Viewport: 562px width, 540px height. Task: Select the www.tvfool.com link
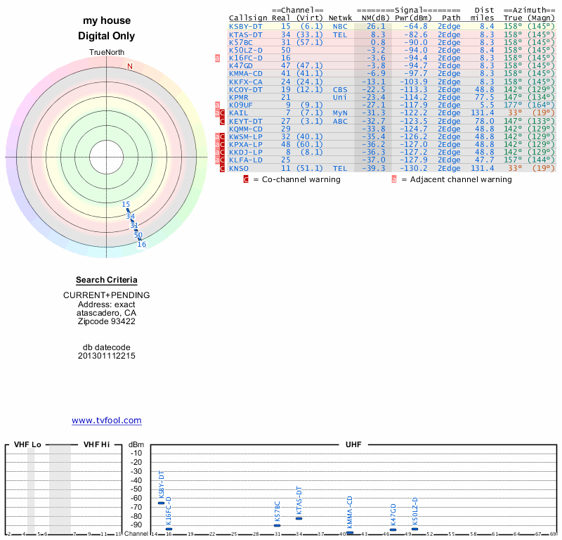(x=107, y=420)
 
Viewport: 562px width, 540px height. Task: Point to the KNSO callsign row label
(x=239, y=169)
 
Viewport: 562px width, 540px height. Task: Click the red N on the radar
(x=129, y=66)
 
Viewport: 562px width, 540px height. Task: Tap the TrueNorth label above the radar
(x=107, y=53)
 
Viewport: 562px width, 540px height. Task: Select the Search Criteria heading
(x=107, y=280)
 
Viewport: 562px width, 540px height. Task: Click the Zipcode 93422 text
(x=107, y=321)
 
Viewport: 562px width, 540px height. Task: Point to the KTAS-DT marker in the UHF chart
(x=299, y=517)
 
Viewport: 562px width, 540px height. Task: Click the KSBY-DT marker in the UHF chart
(x=161, y=503)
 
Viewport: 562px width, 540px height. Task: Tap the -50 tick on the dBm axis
(x=136, y=489)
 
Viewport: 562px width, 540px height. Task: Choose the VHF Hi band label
(x=96, y=444)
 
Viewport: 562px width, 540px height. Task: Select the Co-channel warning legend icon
(x=246, y=179)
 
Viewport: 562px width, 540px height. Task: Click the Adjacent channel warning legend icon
(x=394, y=179)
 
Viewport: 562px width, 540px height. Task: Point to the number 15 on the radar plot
(x=126, y=205)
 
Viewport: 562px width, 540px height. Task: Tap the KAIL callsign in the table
(x=239, y=113)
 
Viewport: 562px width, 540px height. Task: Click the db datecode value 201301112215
(x=107, y=356)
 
